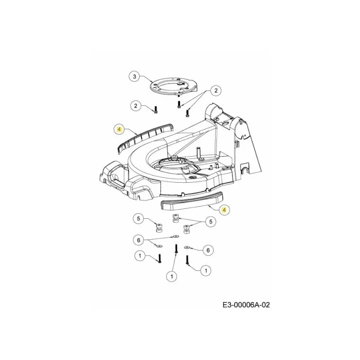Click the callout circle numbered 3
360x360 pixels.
[135, 76]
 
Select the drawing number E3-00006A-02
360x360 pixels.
[246, 305]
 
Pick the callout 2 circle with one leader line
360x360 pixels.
[136, 106]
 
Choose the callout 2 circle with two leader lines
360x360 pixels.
[216, 90]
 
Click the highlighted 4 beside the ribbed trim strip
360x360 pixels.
[119, 130]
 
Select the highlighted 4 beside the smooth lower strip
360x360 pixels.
[224, 210]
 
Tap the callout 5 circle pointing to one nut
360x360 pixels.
[139, 218]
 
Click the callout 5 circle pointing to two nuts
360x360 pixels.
[211, 221]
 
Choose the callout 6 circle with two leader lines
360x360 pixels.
[139, 240]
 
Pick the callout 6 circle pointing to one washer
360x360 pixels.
[208, 250]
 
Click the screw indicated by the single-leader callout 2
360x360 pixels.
[156, 110]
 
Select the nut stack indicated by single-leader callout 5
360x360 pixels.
[158, 228]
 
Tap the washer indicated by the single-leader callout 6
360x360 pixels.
[187, 247]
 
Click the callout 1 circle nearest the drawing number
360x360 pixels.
[206, 270]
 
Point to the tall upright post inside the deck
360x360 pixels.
[197, 153]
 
